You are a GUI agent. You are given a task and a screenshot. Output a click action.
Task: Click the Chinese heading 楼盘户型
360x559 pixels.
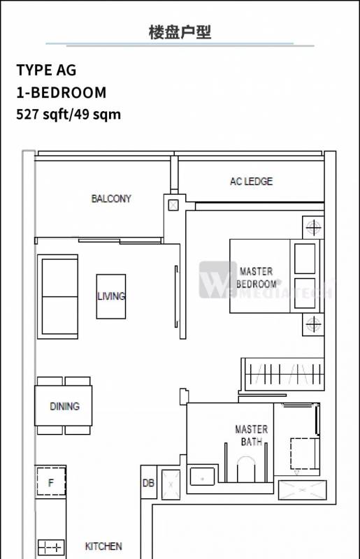180,32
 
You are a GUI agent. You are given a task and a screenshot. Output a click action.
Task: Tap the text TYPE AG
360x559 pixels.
46,70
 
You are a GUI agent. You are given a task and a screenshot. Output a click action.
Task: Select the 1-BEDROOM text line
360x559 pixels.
62,92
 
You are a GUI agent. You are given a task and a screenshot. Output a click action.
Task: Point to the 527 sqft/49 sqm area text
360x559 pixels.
69,115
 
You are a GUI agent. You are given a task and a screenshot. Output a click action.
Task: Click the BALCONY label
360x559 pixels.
111,198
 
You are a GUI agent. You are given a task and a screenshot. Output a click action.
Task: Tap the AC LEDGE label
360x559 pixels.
251,182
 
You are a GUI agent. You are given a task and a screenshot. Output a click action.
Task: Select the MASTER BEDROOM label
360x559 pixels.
256,277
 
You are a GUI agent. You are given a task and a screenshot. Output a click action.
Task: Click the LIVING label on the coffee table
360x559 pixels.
111,296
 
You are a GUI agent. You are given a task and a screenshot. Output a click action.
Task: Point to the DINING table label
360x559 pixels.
64,406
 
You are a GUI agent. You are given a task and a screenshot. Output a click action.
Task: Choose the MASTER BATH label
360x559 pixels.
251,435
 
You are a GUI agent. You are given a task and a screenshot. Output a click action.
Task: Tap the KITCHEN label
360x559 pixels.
103,546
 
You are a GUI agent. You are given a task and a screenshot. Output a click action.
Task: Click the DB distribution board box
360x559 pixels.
148,482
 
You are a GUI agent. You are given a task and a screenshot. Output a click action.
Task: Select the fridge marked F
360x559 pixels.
51,482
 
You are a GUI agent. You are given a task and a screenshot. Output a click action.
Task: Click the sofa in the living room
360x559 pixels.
58,296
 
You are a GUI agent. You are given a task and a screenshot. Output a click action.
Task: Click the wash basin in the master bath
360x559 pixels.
202,477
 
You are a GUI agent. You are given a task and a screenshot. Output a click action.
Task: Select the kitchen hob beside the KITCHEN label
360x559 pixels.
51,547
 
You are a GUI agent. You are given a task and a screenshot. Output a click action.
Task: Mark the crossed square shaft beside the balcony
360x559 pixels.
173,205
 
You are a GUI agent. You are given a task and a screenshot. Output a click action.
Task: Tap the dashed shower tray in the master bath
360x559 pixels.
305,453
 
